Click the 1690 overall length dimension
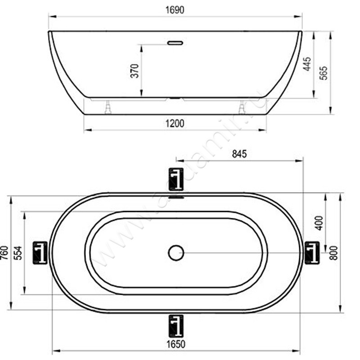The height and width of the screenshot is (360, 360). point(175,9)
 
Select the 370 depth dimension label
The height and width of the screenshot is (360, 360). point(134,71)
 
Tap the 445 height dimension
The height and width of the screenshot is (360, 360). point(307,64)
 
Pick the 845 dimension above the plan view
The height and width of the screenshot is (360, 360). point(239,154)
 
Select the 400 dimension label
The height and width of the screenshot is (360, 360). point(319,223)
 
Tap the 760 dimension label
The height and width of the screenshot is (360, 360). point(4,253)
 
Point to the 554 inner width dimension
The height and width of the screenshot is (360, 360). point(17,253)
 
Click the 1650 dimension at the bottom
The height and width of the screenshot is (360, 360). point(176,344)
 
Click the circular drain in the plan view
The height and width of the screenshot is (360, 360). point(176,252)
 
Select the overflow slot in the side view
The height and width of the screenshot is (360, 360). point(175,43)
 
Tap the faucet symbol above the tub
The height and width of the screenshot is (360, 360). point(176,179)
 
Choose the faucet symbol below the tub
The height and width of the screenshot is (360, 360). point(176,326)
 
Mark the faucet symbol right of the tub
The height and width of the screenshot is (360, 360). point(312,252)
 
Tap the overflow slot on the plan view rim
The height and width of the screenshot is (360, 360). point(176,197)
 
